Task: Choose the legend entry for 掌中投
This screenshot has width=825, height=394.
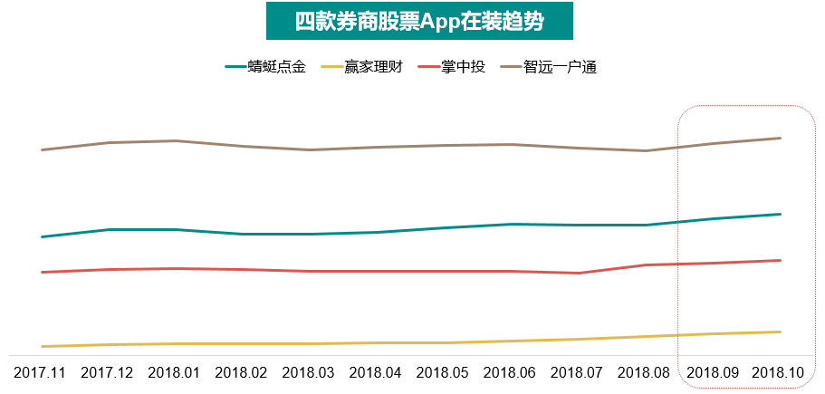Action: pos(463,67)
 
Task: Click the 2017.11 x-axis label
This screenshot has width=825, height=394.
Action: pos(41,372)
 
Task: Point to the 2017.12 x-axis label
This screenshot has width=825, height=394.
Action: pos(108,372)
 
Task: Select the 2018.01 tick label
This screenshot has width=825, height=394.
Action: pos(175,372)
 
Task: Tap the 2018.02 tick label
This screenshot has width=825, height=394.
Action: pos(242,372)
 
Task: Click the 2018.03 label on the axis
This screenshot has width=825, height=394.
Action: pos(309,372)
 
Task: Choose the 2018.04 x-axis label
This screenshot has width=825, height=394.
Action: pos(376,372)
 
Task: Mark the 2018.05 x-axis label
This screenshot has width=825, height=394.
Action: pos(443,372)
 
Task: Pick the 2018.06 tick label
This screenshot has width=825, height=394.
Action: pos(510,372)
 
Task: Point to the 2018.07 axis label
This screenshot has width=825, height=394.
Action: pos(578,372)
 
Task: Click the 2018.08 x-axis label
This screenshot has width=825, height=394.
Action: pos(645,372)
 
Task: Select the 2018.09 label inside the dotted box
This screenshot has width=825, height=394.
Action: pos(713,372)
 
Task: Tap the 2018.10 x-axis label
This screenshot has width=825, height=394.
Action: pos(779,372)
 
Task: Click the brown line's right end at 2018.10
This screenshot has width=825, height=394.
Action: pos(781,138)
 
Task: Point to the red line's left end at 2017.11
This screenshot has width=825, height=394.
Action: pos(42,272)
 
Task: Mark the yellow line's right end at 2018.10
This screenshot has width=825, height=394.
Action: pos(781,332)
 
